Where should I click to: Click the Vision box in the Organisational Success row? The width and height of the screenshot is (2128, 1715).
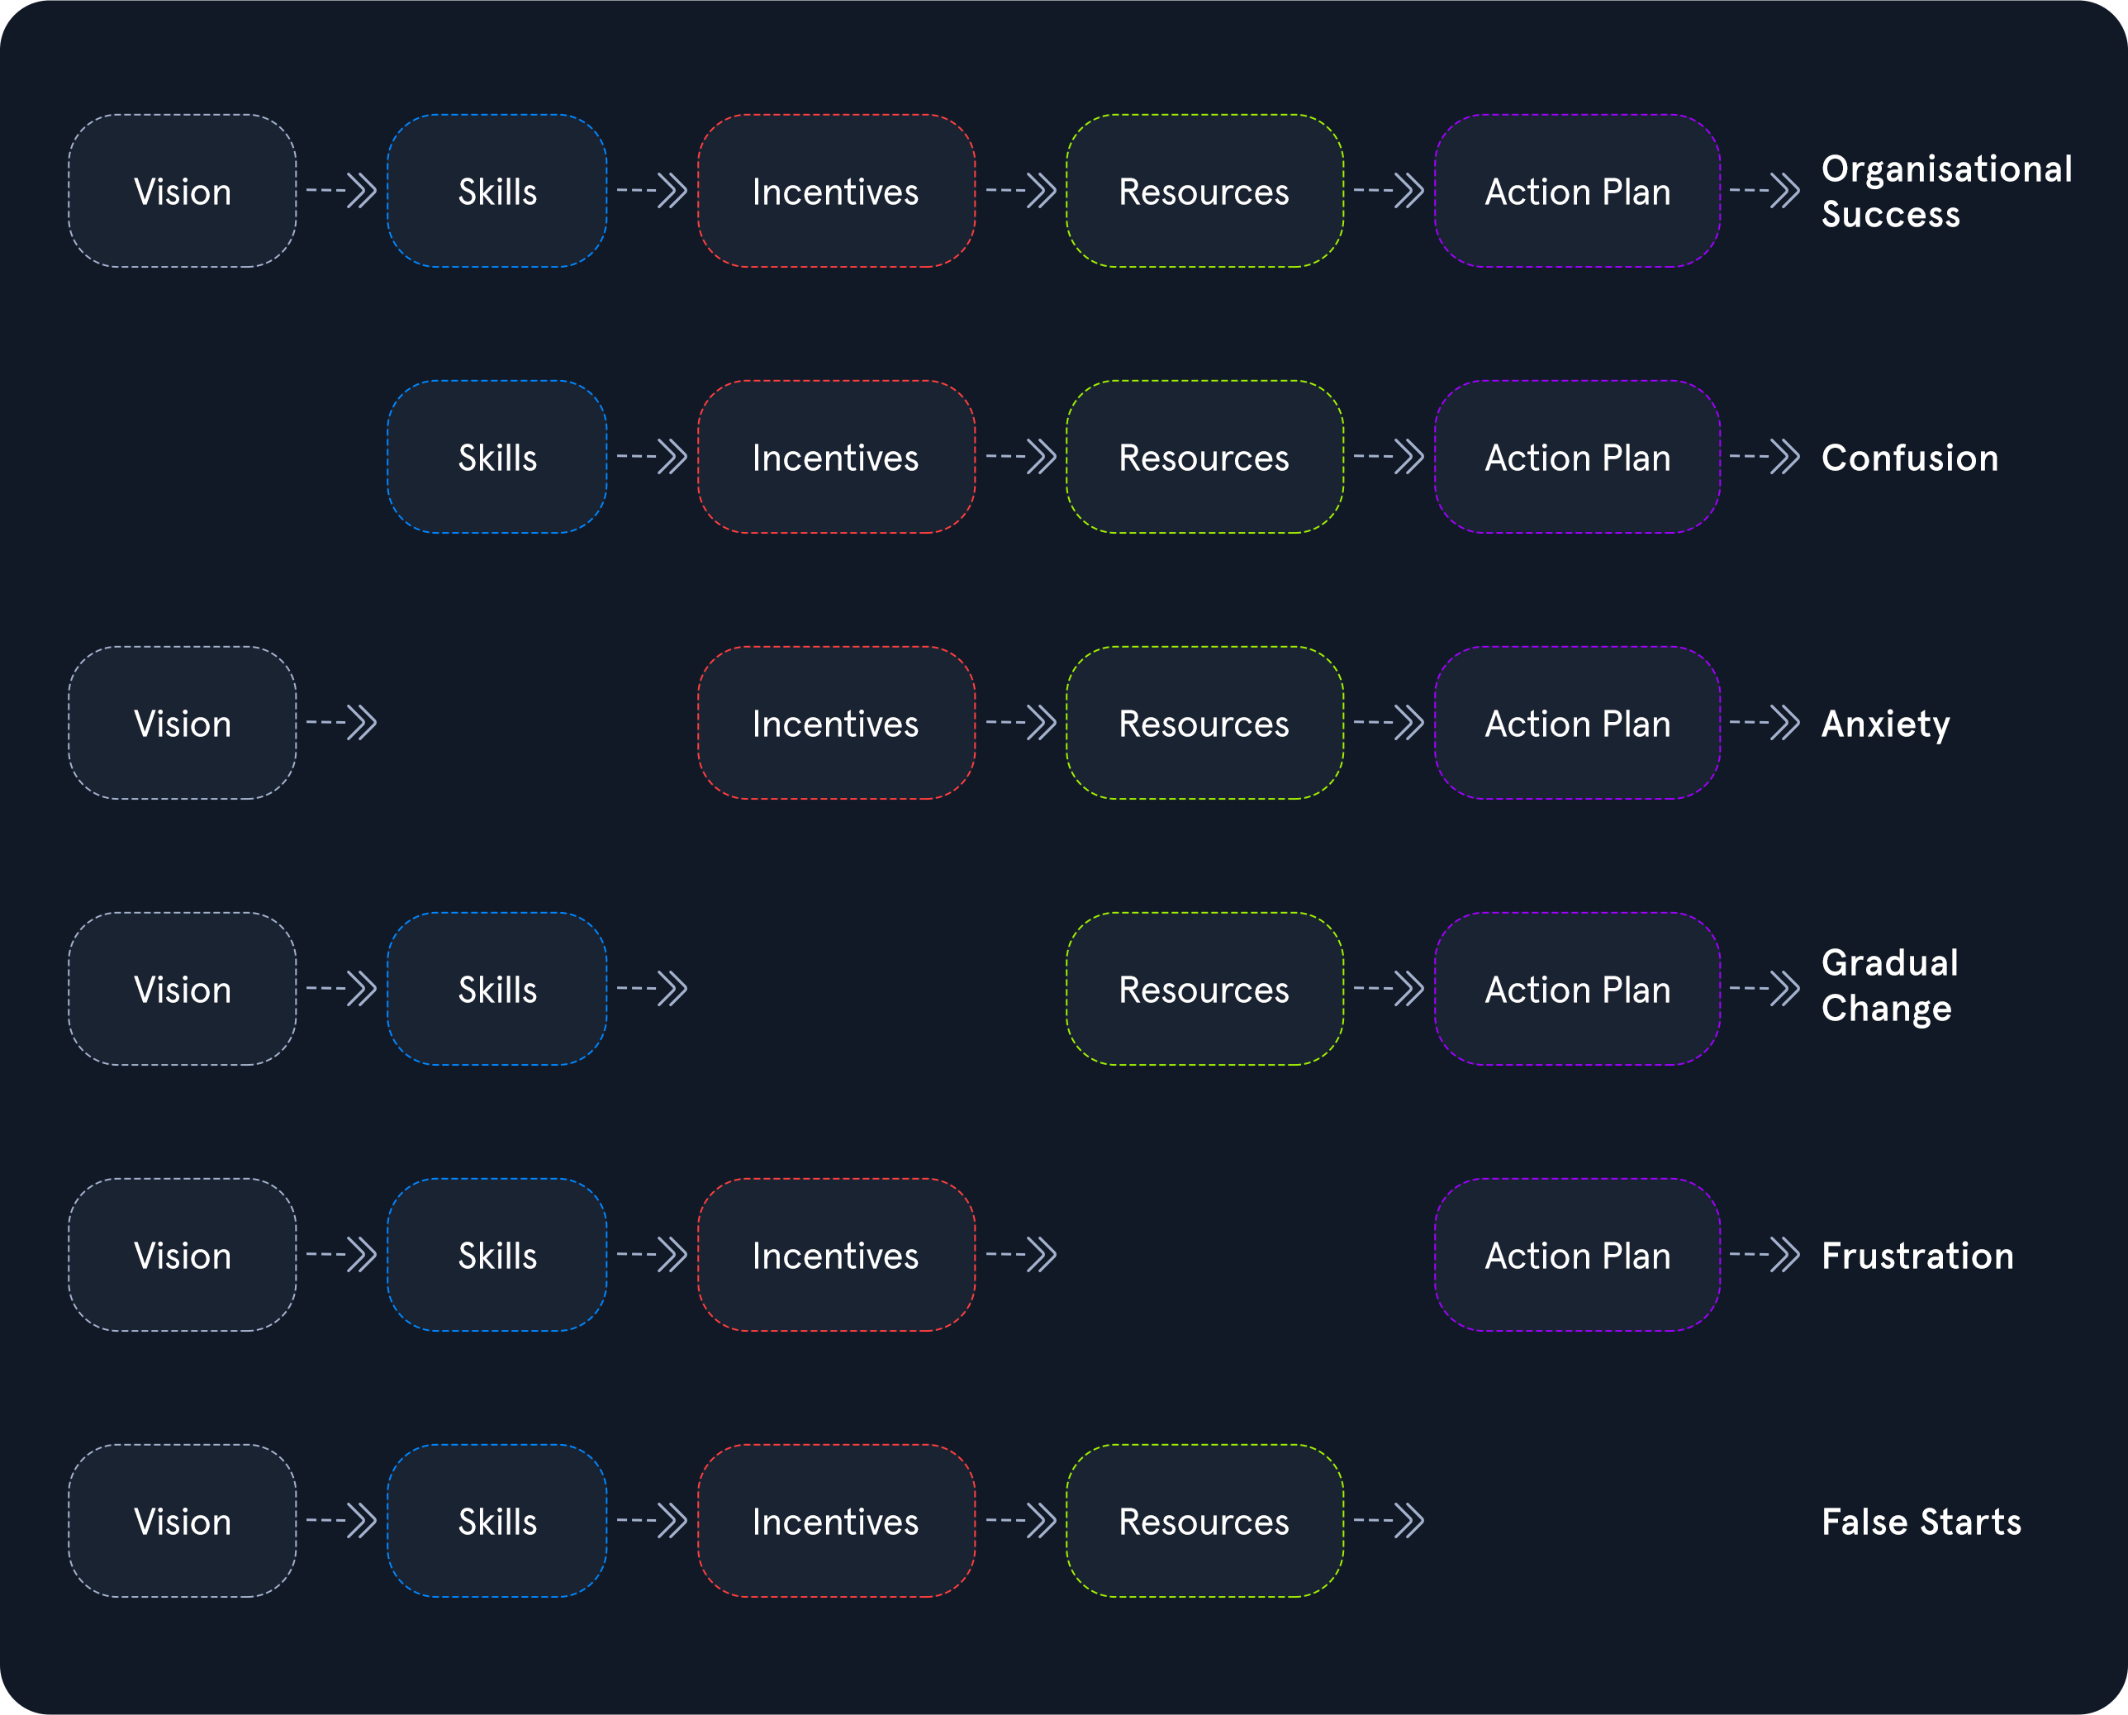click(x=182, y=191)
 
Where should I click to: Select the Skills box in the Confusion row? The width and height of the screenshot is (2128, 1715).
click(x=497, y=456)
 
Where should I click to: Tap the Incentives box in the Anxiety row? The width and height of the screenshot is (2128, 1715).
click(x=836, y=723)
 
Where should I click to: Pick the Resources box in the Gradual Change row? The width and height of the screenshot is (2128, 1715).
click(x=1204, y=989)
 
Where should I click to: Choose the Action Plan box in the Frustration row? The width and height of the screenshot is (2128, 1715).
click(x=1577, y=1255)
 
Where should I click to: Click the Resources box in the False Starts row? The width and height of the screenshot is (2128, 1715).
click(x=1204, y=1520)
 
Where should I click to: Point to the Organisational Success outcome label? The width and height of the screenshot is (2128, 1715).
click(x=1946, y=192)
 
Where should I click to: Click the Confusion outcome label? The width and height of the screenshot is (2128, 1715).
click(x=1910, y=458)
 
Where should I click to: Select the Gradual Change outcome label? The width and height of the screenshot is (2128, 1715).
click(x=1890, y=986)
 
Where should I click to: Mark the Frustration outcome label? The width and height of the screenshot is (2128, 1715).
click(x=1917, y=1256)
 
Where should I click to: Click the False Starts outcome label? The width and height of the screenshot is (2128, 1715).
click(x=1921, y=1522)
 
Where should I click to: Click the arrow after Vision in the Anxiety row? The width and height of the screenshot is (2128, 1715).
click(x=342, y=722)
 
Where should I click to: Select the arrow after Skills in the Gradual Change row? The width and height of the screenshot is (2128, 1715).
click(x=652, y=988)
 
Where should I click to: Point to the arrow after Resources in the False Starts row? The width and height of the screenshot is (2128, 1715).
click(x=1389, y=1519)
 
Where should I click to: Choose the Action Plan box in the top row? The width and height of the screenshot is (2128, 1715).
click(x=1577, y=191)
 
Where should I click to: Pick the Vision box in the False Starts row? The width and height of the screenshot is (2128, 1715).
click(x=182, y=1520)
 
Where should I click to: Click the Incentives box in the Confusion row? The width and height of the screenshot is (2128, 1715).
click(x=836, y=456)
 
